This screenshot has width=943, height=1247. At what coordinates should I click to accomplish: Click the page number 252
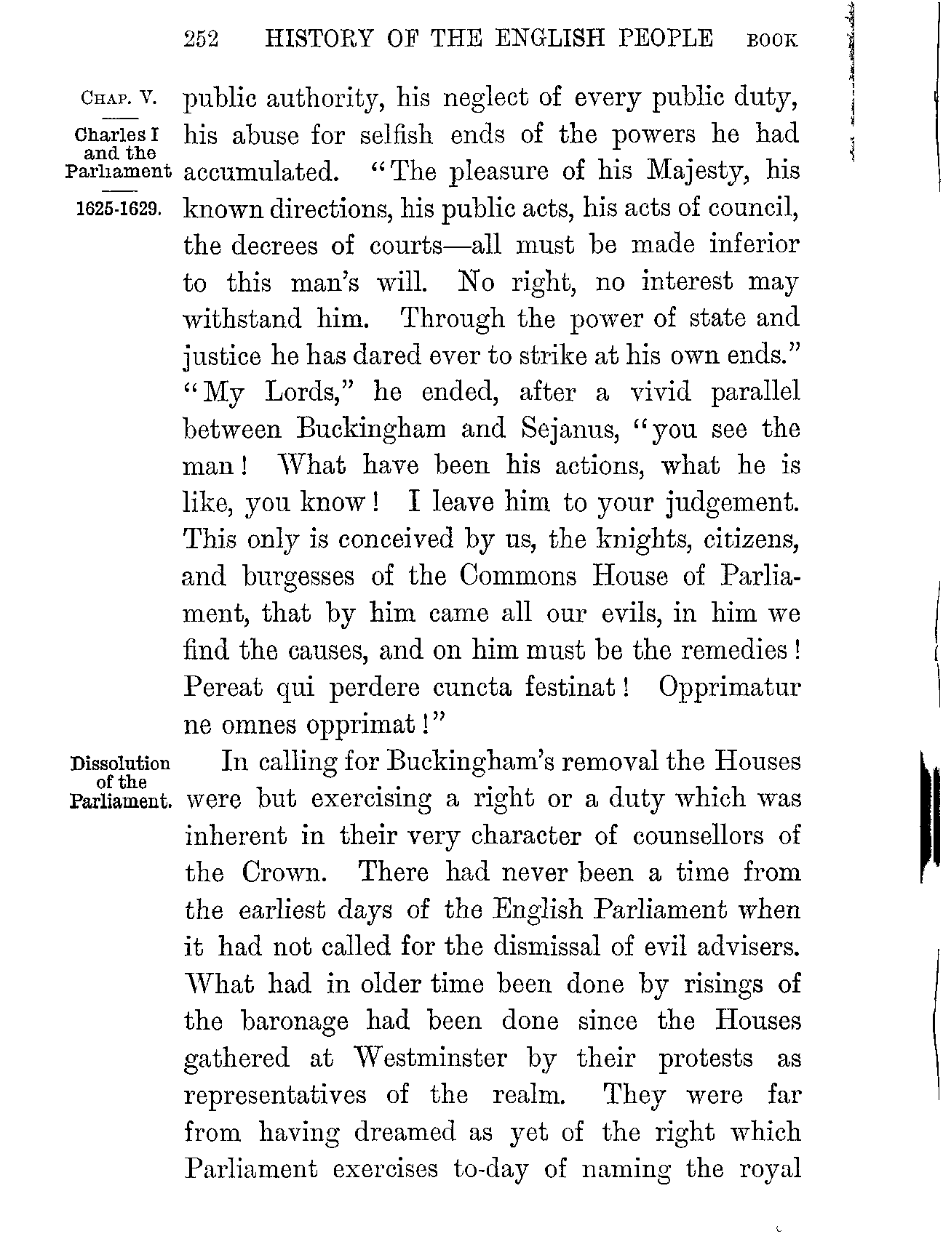tap(202, 39)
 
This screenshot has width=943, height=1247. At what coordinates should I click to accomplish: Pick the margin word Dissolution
tap(120, 764)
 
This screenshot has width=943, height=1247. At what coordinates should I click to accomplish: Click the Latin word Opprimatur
tap(729, 688)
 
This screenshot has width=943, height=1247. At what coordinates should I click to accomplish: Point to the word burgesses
tap(298, 577)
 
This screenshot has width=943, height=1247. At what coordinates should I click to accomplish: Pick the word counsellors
tap(698, 835)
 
